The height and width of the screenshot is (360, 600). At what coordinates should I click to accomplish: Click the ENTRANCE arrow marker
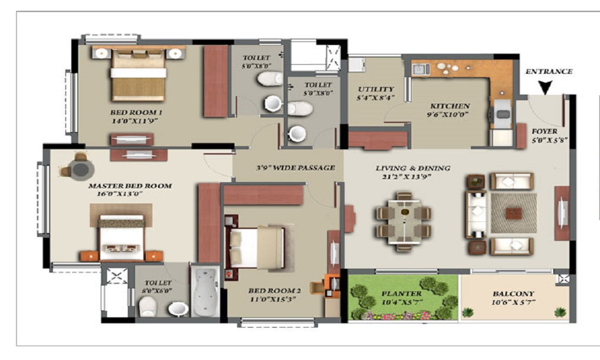click(545, 88)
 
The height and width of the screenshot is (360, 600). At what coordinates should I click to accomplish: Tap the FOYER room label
click(544, 131)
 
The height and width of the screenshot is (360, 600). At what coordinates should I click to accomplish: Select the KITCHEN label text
click(449, 106)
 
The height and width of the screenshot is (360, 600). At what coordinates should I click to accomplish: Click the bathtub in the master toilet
click(205, 293)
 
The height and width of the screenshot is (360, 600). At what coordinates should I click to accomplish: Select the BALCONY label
click(514, 294)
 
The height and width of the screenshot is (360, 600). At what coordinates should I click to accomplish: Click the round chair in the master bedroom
click(80, 167)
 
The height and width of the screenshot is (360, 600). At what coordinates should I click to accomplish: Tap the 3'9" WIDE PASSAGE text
click(287, 167)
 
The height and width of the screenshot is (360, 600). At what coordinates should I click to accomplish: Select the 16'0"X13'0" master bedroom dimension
click(126, 195)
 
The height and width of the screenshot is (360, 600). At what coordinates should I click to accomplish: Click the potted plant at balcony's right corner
click(559, 312)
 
